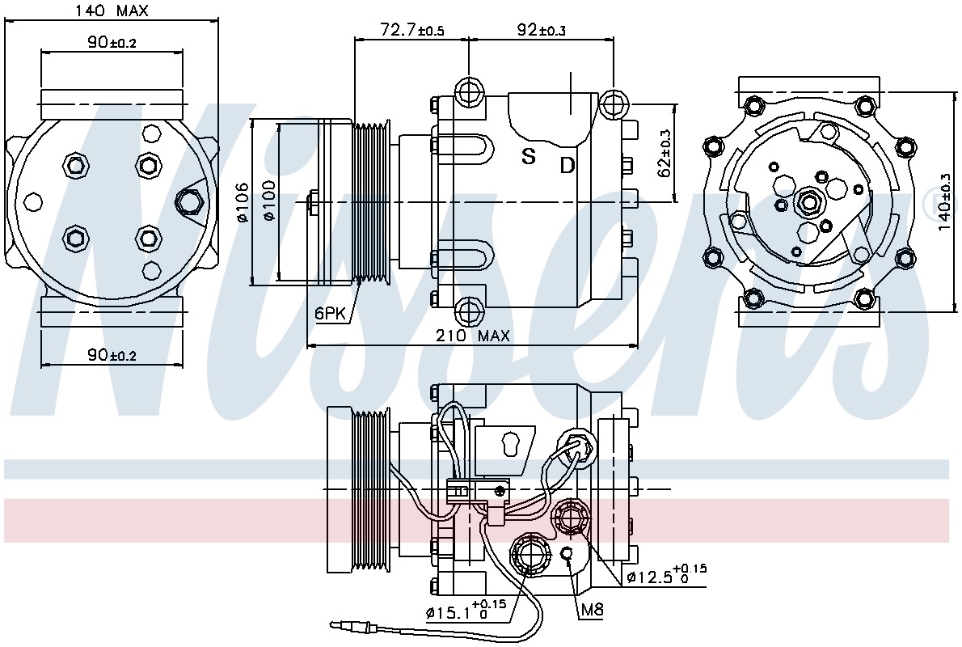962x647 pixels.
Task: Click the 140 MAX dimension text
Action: click(x=111, y=11)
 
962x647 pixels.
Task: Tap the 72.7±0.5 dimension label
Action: click(x=411, y=29)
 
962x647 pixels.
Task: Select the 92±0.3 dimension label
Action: click(x=541, y=29)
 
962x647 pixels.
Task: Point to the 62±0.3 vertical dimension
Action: click(x=665, y=154)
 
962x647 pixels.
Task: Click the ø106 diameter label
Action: click(x=243, y=203)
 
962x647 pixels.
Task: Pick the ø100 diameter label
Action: click(x=268, y=200)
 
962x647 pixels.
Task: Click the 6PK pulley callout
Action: click(x=330, y=314)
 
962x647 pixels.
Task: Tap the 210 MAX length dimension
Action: click(x=472, y=336)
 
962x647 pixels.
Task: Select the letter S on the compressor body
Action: click(x=528, y=157)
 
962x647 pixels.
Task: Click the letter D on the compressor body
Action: click(x=567, y=164)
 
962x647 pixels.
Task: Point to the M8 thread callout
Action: click(x=592, y=609)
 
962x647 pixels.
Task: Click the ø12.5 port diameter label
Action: click(x=666, y=576)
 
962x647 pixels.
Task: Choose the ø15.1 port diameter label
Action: click(x=466, y=611)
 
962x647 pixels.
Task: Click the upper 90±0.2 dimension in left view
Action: click(x=112, y=42)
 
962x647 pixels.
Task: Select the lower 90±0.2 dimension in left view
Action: click(x=112, y=355)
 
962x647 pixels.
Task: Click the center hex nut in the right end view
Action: click(x=808, y=201)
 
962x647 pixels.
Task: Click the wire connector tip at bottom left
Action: click(x=335, y=625)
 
